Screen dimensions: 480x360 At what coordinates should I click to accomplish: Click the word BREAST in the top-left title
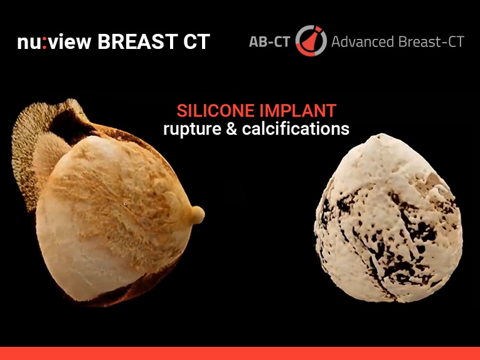click(137, 41)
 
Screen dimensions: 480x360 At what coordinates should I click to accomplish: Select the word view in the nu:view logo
click(70, 41)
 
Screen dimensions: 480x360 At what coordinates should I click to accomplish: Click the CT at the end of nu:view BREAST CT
click(196, 41)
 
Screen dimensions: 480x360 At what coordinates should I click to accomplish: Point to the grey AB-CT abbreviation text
click(269, 42)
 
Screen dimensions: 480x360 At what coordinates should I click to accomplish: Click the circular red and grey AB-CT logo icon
click(311, 41)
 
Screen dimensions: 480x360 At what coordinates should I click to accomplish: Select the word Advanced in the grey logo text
click(363, 41)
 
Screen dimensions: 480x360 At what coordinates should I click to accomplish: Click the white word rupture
click(192, 129)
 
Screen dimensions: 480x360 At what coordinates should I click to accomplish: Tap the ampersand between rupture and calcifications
click(232, 129)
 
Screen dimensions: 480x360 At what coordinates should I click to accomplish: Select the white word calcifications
click(296, 129)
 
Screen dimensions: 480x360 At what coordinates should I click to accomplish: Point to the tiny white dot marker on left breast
click(125, 203)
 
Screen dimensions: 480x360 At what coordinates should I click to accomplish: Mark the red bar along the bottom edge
click(240, 353)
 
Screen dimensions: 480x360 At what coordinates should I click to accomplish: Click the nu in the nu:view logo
click(29, 43)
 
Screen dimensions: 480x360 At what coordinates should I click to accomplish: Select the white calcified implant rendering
click(389, 219)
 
